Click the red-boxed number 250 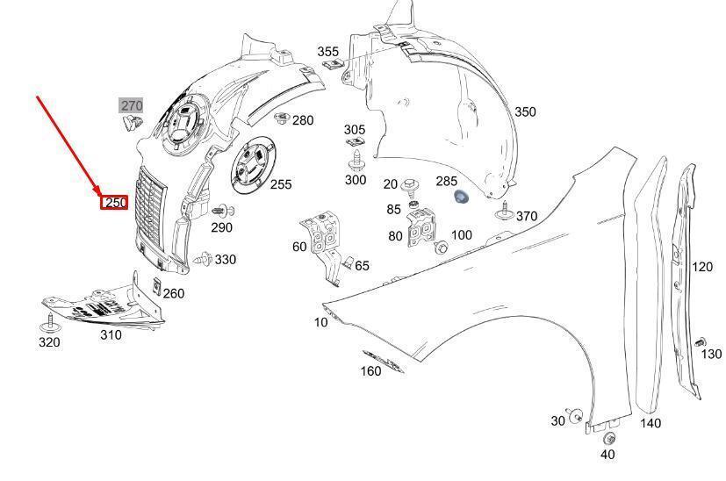114,202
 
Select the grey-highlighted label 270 132,105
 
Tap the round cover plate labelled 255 254,165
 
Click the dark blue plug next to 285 461,197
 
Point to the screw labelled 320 49,323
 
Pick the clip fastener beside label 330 203,259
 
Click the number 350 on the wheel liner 525,111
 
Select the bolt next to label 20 410,185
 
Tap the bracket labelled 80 421,227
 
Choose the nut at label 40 610,437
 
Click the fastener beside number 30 576,415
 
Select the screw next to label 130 701,343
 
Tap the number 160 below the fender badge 370,370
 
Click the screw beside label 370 504,212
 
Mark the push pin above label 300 356,160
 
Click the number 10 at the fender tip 320,322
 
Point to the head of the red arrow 98,192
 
